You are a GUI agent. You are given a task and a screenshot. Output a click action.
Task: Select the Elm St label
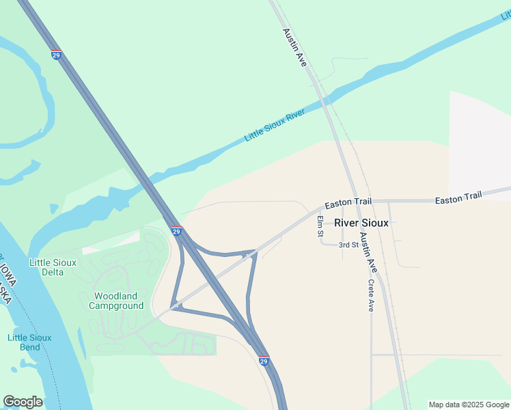point(320,226)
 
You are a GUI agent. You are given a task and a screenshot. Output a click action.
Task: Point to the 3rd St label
point(349,245)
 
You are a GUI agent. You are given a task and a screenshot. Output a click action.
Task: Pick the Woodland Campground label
point(116,301)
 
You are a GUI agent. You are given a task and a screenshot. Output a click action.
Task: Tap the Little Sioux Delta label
point(53,267)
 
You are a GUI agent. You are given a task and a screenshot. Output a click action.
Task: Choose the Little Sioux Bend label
point(29,342)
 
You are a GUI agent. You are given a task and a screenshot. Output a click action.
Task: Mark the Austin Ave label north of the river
point(294,47)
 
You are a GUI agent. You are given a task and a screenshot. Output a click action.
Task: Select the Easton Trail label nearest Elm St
point(348,203)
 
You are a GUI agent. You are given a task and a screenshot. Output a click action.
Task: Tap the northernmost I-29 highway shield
point(56,54)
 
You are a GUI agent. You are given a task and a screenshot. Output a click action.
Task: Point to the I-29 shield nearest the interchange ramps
point(176,232)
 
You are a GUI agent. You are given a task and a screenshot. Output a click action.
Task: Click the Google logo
point(23,402)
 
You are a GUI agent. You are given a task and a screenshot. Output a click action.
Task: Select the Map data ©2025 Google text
point(469,405)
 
